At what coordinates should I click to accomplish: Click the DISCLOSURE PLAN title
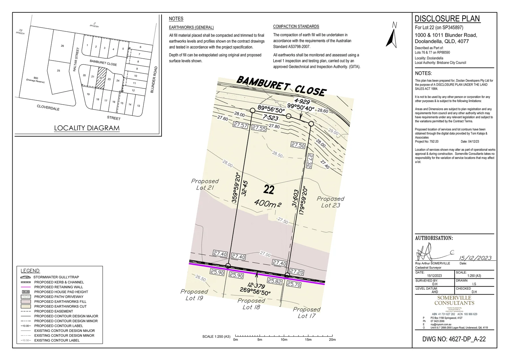point(447,19)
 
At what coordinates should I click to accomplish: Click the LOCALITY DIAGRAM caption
point(87,128)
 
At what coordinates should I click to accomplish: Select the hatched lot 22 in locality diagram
point(101,78)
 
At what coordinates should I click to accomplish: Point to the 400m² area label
point(268,203)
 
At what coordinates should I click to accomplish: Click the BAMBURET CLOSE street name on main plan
point(281,86)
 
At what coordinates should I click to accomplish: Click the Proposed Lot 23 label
point(330,202)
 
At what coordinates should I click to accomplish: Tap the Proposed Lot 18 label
point(251,304)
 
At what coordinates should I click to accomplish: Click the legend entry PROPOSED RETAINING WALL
point(58,287)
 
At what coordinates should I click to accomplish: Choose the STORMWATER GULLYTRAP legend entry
point(56,277)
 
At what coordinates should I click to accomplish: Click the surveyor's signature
point(430,252)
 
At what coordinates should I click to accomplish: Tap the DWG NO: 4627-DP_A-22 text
point(454,339)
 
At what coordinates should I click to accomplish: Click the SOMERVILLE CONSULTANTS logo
point(454,300)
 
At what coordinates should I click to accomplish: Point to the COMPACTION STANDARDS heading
point(296,27)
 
